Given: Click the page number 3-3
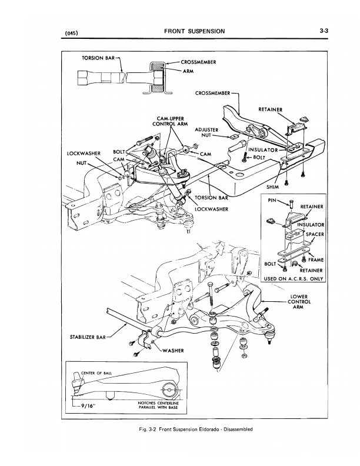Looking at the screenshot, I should click(x=324, y=30).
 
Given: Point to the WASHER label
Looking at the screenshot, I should click(x=172, y=351).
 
